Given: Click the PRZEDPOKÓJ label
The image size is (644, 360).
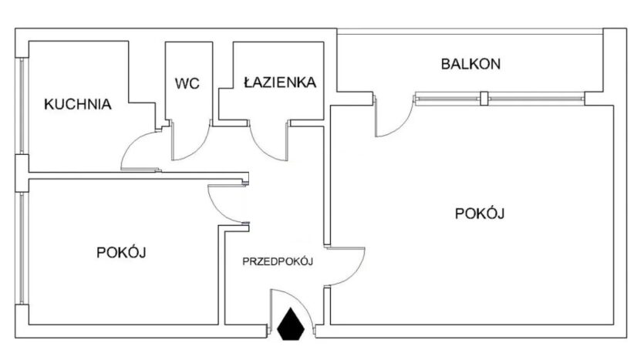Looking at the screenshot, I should (x=276, y=262).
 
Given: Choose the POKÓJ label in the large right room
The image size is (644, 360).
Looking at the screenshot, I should (x=480, y=214).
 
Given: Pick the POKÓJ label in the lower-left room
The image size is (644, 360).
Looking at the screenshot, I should (x=122, y=251).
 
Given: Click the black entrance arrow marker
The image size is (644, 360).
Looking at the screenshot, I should (x=291, y=324).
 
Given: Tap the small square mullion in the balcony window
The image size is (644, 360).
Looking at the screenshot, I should (x=484, y=98).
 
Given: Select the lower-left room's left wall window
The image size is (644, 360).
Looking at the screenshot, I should (x=23, y=251).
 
